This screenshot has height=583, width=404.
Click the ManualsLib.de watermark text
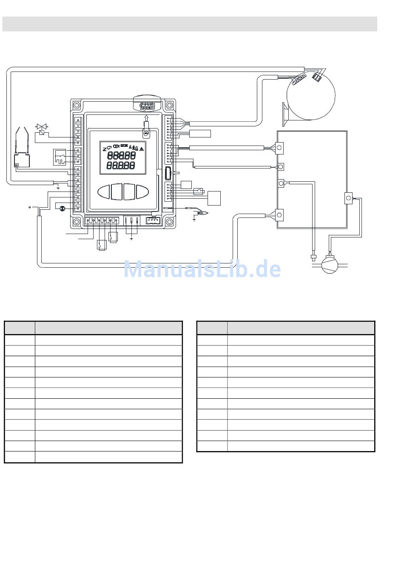click(202, 269)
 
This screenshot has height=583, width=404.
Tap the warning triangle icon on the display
click(142, 149)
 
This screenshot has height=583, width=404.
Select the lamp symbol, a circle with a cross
click(63, 208)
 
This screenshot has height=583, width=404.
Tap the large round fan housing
click(311, 95)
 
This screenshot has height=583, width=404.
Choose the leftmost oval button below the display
click(104, 192)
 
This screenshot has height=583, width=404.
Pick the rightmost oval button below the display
click(142, 192)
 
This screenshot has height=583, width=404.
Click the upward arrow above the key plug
click(146, 117)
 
